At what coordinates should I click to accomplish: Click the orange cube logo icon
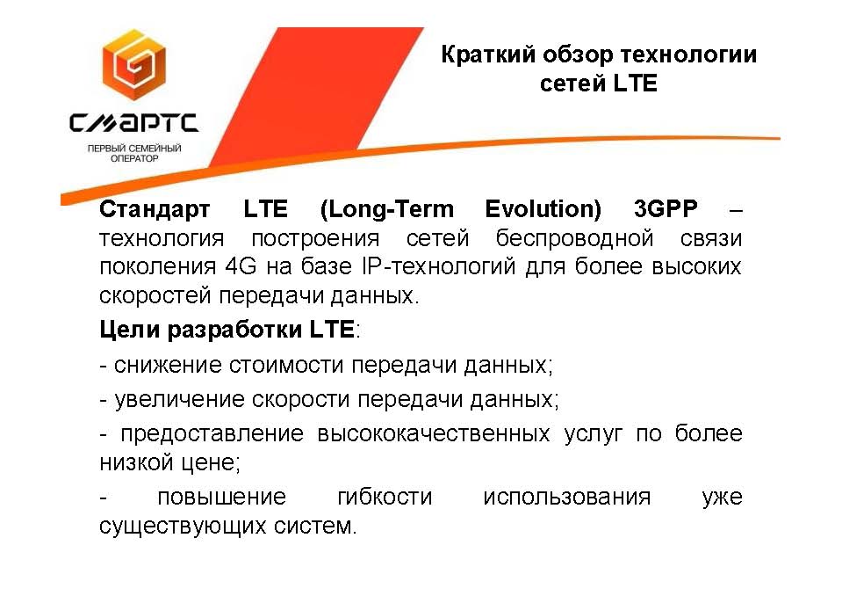(x=134, y=65)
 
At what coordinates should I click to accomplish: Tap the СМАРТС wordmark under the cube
(x=133, y=123)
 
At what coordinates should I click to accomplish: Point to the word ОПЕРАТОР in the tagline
(x=134, y=158)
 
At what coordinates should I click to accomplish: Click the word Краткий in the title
(x=488, y=55)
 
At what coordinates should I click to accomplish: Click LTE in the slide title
(x=636, y=84)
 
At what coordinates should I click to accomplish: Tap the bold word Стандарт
(x=155, y=209)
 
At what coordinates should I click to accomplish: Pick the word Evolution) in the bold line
(x=543, y=209)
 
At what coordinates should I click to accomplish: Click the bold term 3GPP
(x=666, y=208)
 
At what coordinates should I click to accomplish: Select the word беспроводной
(x=574, y=238)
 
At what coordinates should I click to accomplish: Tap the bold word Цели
(x=129, y=330)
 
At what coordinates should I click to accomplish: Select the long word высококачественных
(x=434, y=433)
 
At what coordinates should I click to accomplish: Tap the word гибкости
(x=385, y=497)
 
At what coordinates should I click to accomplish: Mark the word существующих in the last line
(x=183, y=526)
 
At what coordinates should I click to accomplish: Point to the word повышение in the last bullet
(x=222, y=497)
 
